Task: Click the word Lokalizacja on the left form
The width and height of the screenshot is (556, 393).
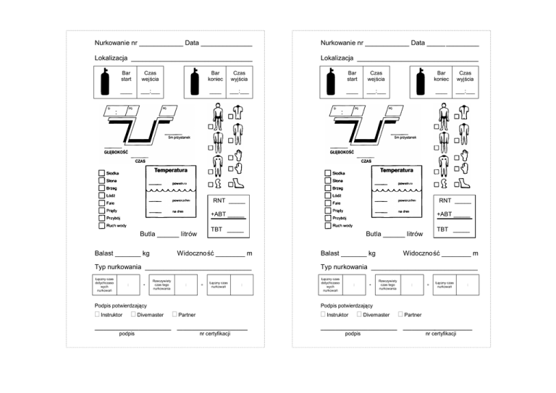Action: point(111,58)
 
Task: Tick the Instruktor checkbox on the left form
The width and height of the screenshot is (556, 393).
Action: point(97,315)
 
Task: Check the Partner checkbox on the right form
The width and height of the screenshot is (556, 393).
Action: point(400,315)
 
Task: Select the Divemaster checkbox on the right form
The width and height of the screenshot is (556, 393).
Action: point(359,315)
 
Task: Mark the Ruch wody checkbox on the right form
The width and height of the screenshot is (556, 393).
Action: point(327,226)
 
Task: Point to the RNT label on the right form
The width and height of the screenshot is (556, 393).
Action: point(445,200)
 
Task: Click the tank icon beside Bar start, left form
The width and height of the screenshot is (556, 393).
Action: point(104,82)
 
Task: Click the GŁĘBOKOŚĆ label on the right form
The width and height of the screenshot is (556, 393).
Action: point(342,153)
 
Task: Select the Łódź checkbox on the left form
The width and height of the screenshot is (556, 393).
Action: point(101,196)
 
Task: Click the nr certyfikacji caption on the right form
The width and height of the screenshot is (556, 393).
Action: point(440,334)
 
